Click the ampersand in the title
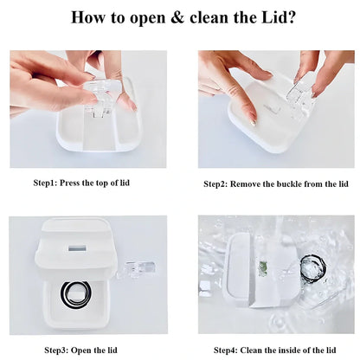tap(177, 17)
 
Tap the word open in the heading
tap(147, 19)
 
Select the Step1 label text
tap(46, 183)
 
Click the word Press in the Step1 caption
tap(69, 183)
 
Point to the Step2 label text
tap(215, 184)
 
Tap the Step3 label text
tap(56, 350)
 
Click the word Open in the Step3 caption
tap(80, 350)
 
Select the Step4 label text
tap(226, 350)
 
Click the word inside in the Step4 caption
tap(289, 350)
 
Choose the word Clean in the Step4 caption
tap(251, 350)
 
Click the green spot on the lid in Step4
tap(263, 269)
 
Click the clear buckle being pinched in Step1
tap(100, 98)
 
